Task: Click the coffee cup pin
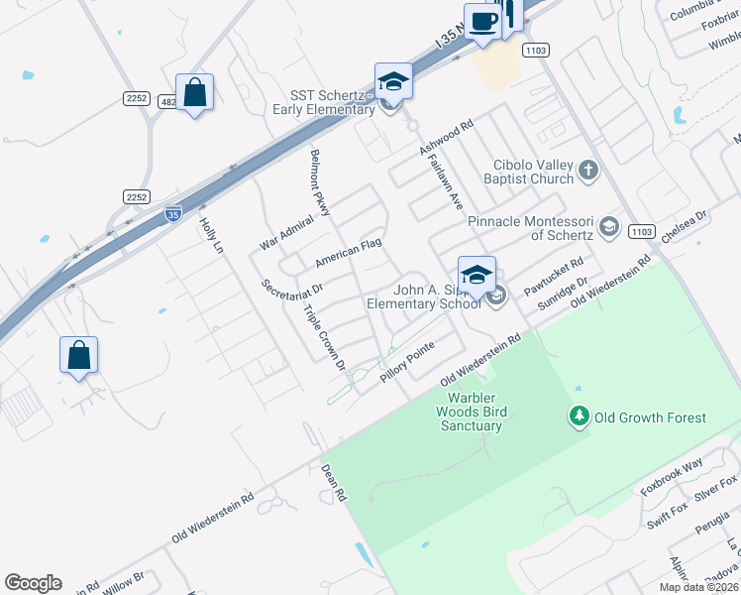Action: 482,22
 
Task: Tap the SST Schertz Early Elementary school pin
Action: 392,82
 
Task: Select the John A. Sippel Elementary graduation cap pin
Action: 476,275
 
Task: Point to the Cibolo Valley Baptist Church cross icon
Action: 587,170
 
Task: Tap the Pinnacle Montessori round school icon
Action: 608,227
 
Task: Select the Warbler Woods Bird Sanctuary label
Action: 472,412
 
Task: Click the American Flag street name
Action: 348,253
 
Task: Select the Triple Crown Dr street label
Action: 325,336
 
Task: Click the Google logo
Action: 33,583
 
